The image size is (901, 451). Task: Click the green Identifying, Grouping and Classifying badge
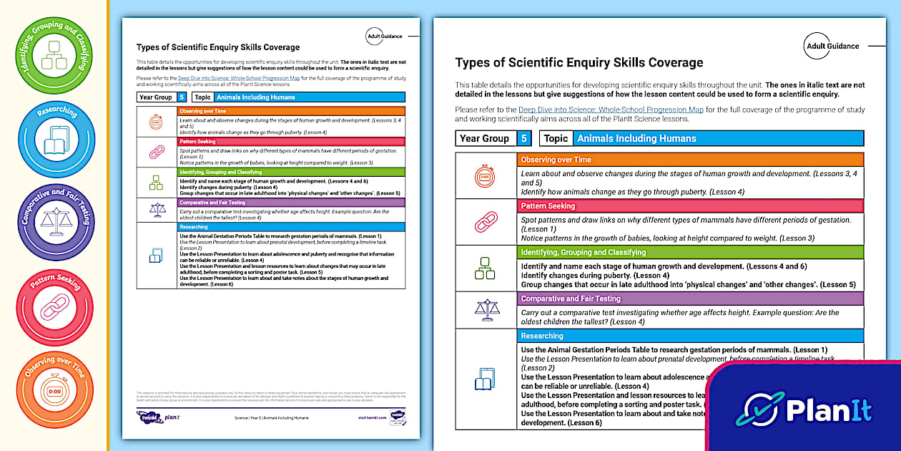point(54,55)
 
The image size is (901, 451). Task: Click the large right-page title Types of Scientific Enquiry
point(579,62)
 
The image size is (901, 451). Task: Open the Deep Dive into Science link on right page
point(611,110)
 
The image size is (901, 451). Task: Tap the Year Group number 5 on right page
point(525,139)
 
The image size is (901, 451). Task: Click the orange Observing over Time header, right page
point(690,160)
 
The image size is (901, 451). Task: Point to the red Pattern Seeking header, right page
point(690,206)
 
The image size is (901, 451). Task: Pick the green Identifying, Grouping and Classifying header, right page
point(690,252)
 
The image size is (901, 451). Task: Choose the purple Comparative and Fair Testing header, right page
point(690,299)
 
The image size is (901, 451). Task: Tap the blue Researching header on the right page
point(690,336)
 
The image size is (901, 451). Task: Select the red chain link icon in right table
point(486,222)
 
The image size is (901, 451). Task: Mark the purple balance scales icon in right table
point(486,309)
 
